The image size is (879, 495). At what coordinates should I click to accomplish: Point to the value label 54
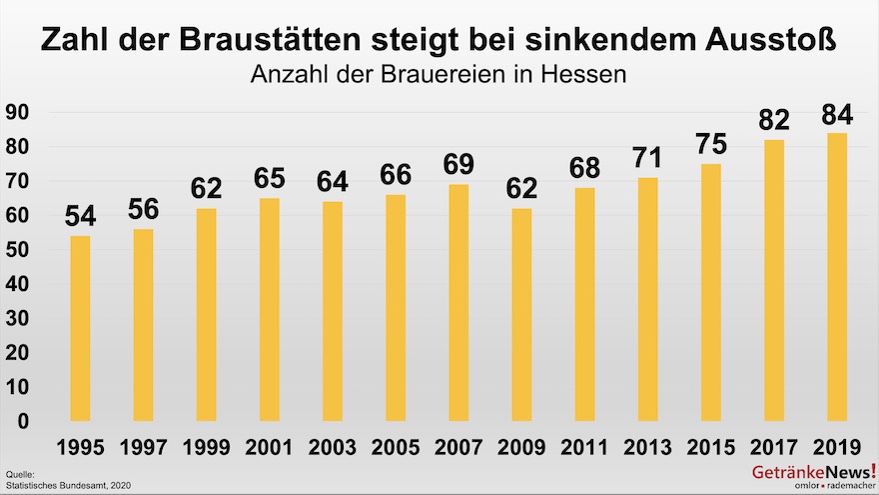coord(80,216)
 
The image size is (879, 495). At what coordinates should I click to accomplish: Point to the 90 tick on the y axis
coord(16,113)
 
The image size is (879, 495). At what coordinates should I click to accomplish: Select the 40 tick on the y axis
coord(16,284)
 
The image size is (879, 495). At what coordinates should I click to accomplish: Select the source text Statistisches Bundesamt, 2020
coord(68,485)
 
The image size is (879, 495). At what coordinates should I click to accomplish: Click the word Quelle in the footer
coord(20,473)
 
